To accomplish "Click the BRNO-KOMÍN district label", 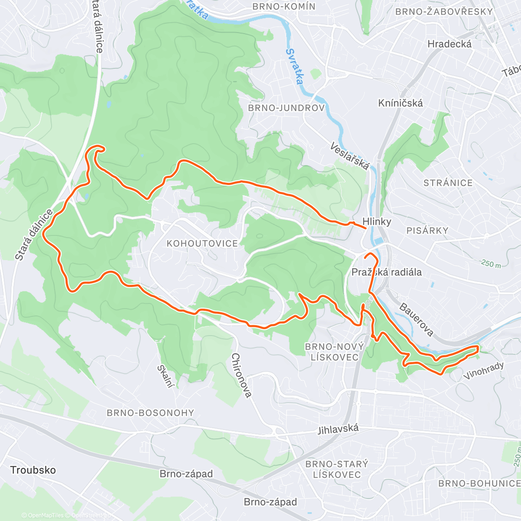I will [284, 7].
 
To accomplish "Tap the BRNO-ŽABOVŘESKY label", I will [444, 12].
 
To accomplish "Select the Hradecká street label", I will [449, 44].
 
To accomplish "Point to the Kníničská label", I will [400, 103].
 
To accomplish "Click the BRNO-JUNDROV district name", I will [286, 108].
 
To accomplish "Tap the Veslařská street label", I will [350, 156].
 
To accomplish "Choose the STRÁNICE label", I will [448, 183].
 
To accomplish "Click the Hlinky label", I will [377, 221].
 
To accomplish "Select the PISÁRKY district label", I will [427, 231].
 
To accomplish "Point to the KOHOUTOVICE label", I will [202, 244].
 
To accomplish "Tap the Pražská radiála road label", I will [386, 272].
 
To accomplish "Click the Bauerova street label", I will [416, 320].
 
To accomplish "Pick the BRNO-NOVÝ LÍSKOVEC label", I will [334, 352].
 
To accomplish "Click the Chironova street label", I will [241, 375].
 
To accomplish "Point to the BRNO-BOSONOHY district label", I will [150, 412].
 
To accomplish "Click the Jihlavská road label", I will [338, 429].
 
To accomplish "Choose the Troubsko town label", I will [33, 470].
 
